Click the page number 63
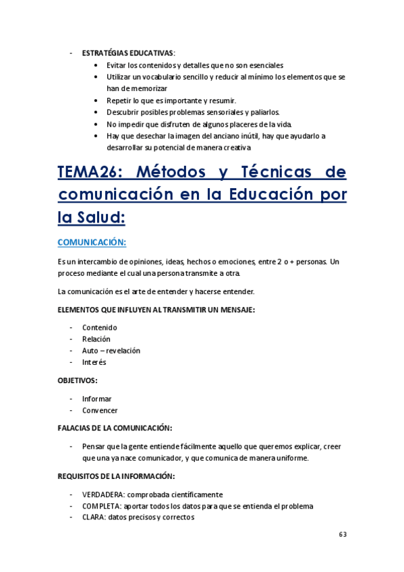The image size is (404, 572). [343, 534]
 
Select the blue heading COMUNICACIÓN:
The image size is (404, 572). [92, 241]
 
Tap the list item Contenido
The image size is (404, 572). [99, 328]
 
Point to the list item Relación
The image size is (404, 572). [96, 339]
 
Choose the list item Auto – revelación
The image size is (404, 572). [111, 351]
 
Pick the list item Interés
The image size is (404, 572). [94, 362]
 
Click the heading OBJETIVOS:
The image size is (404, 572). [78, 380]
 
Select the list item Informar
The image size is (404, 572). [97, 399]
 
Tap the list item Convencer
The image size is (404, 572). [100, 410]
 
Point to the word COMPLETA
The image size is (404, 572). [101, 506]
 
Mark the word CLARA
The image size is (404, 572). [94, 517]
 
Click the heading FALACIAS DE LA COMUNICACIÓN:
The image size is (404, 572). [115, 428]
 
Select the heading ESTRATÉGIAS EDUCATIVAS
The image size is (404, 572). [127, 53]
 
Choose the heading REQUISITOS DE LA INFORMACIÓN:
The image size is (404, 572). [117, 476]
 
